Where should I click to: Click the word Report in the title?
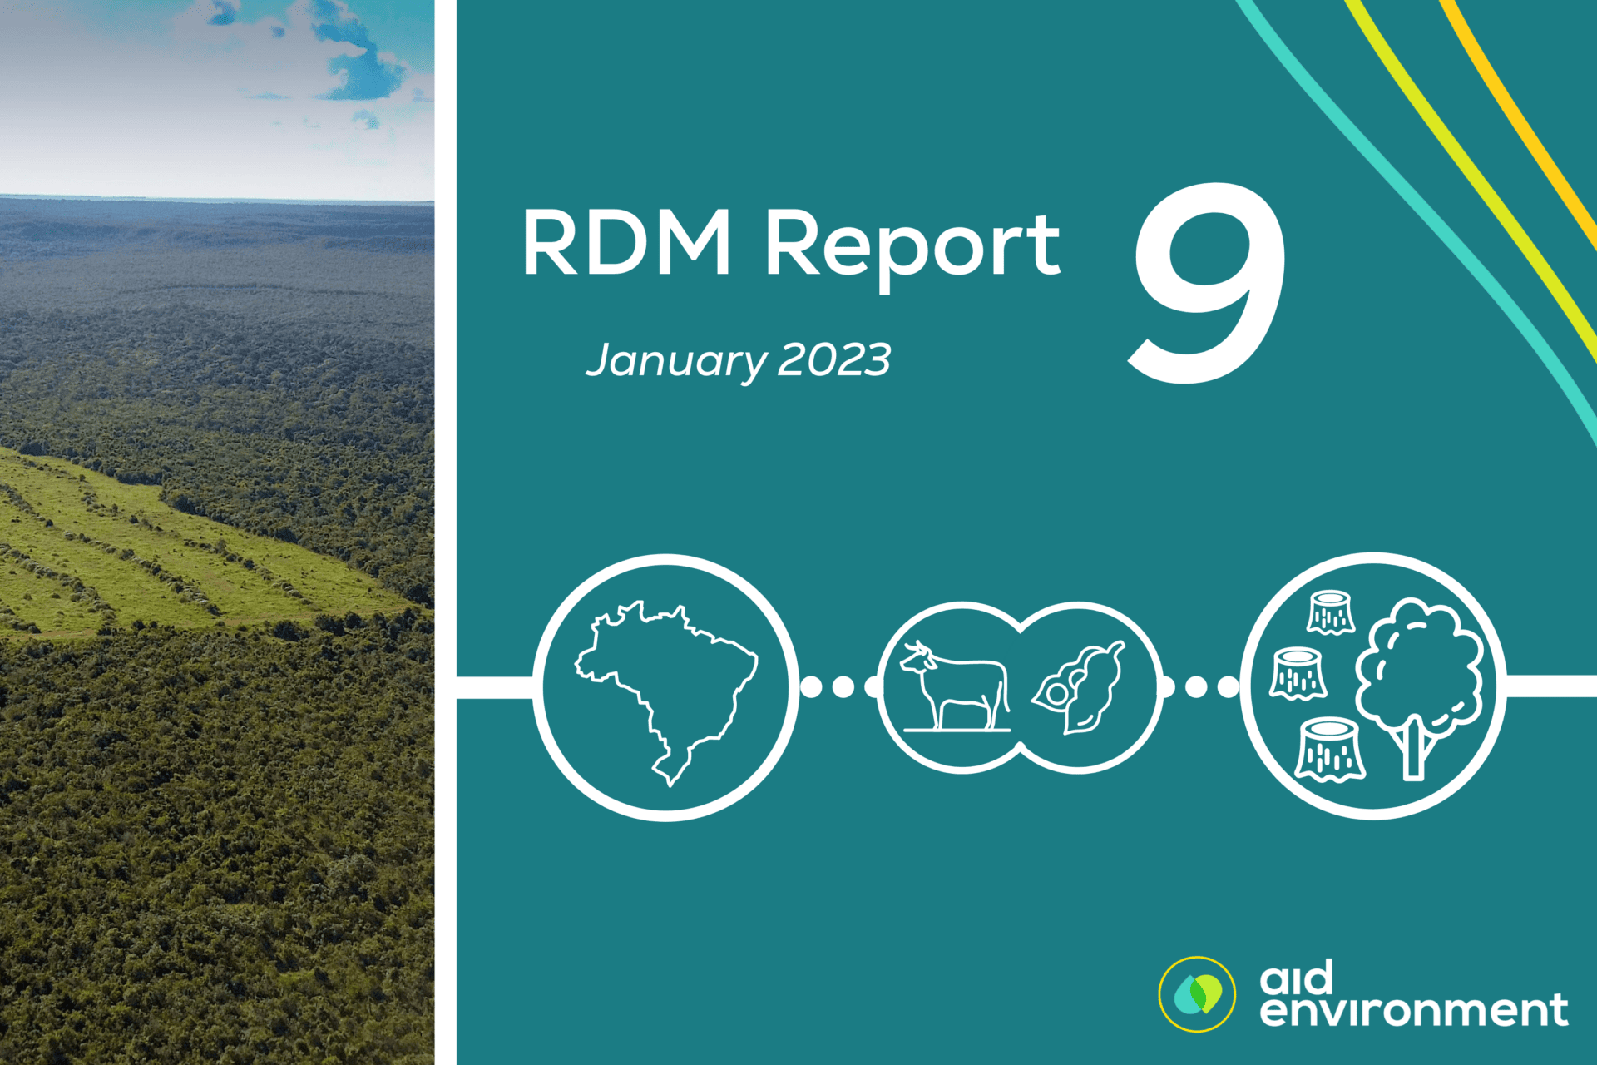point(912,245)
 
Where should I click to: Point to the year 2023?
point(834,360)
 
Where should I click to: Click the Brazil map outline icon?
point(665,687)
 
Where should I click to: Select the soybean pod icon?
point(1079,687)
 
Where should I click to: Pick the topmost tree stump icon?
point(1331,613)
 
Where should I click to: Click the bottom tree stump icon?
point(1330,750)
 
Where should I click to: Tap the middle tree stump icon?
point(1298,673)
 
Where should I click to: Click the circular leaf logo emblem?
point(1197,994)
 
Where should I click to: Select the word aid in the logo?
point(1297,978)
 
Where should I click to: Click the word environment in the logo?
point(1413,1011)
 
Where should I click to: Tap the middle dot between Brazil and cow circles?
point(843,686)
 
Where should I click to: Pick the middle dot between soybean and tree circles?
point(1196,686)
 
